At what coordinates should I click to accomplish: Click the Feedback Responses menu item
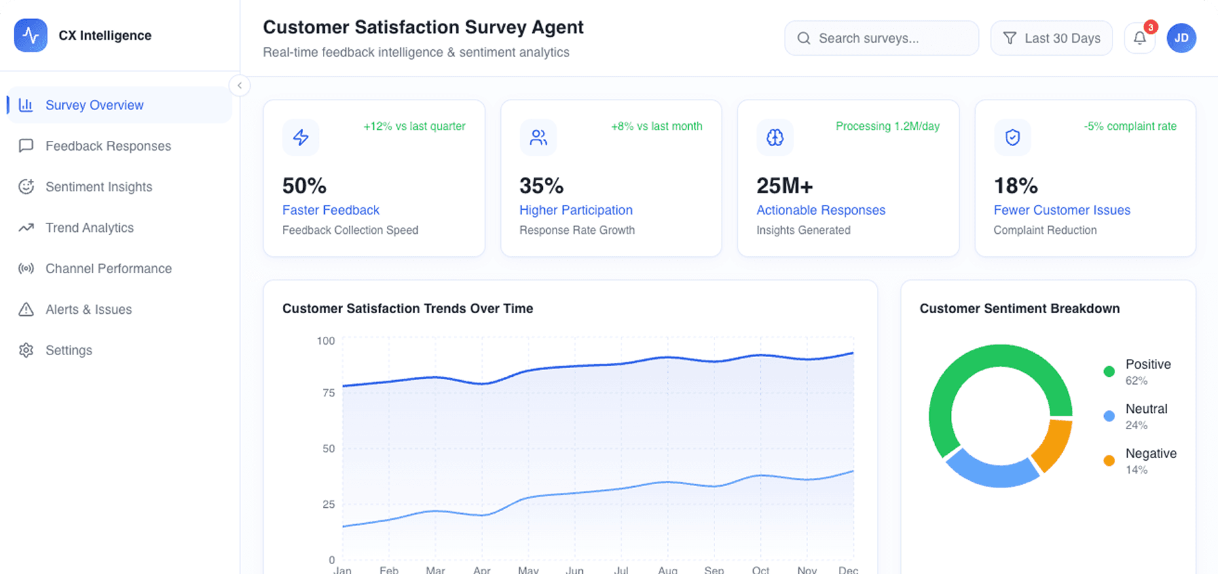pos(108,146)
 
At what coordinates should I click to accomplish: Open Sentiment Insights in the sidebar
pos(98,187)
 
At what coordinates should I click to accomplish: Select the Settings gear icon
pos(26,350)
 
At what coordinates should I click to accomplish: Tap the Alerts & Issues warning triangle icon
pos(26,309)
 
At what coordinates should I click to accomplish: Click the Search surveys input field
pos(881,39)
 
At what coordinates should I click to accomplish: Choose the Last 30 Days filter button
pos(1051,39)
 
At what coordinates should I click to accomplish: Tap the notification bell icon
pos(1139,39)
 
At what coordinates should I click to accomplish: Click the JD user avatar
pos(1181,39)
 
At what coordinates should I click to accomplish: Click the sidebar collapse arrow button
pos(240,85)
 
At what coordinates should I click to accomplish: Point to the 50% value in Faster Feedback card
pos(304,186)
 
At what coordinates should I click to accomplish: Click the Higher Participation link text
pos(576,210)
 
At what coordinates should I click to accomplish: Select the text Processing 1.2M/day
pos(887,126)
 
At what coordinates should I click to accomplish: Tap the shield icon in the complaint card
pos(1012,138)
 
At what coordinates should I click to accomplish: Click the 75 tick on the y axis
pos(328,393)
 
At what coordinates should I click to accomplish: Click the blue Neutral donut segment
pos(989,471)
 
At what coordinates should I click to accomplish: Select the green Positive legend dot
pos(1109,372)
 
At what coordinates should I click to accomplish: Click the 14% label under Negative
pos(1136,470)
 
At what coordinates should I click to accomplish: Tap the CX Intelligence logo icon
pos(31,35)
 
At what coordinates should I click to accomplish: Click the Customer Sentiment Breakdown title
pos(1020,309)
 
